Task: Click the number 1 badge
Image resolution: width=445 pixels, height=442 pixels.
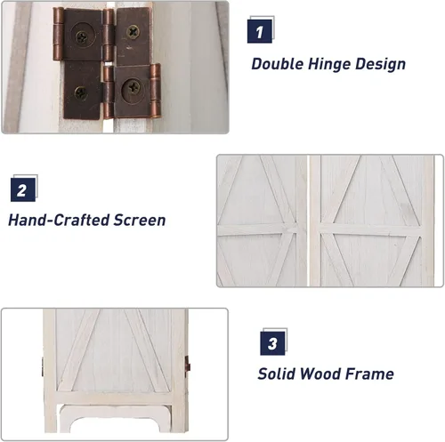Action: (x=260, y=31)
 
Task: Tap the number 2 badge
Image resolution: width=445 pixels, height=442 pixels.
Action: (x=23, y=189)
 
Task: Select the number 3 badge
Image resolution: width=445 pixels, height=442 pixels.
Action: (x=272, y=343)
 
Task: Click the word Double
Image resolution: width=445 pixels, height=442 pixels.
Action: (x=278, y=64)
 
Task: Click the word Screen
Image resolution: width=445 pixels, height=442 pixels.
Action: (x=140, y=221)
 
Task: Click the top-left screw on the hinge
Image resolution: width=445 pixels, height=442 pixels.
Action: (x=81, y=37)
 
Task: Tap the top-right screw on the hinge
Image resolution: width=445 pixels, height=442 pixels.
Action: (x=133, y=32)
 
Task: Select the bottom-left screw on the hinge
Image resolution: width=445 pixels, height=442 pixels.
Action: (x=80, y=93)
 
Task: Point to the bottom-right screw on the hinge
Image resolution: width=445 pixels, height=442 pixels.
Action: (x=133, y=88)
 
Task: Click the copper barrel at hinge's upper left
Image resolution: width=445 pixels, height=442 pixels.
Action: (x=58, y=34)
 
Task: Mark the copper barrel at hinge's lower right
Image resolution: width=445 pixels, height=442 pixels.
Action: (x=155, y=90)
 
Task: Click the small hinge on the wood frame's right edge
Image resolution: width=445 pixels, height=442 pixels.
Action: (x=188, y=364)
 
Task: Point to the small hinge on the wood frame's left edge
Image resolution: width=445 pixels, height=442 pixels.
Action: (x=44, y=366)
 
